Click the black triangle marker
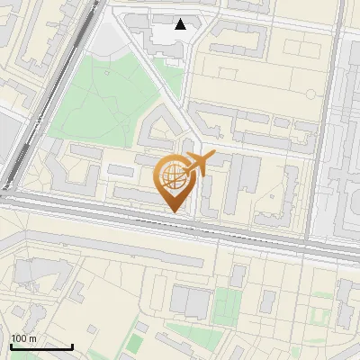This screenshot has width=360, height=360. click(x=181, y=24)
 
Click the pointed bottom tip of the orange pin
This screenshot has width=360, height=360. click(x=174, y=211)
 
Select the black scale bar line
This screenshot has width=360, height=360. click(x=41, y=347)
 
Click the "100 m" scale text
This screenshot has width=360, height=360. click(x=23, y=338)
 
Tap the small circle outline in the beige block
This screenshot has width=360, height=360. click(x=310, y=92)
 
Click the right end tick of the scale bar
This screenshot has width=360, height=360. click(x=72, y=346)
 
